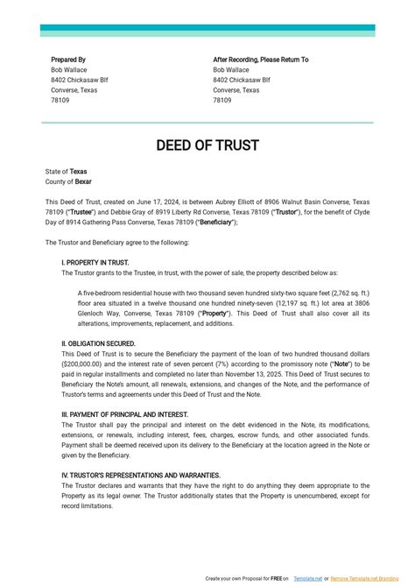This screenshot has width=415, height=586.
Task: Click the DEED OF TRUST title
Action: click(x=207, y=145)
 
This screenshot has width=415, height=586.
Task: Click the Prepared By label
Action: click(x=67, y=60)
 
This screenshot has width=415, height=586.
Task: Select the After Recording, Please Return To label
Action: click(x=260, y=60)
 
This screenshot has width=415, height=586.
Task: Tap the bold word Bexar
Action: click(x=83, y=181)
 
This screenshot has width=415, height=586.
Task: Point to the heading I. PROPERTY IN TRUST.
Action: click(x=95, y=263)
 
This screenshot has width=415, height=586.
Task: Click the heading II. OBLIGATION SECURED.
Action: click(x=98, y=343)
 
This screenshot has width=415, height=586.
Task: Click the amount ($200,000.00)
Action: click(x=82, y=364)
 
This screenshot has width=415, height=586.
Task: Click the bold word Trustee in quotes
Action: click(x=81, y=212)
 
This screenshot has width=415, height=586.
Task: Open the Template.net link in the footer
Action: click(x=308, y=579)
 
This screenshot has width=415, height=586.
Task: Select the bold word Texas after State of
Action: click(x=79, y=172)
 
